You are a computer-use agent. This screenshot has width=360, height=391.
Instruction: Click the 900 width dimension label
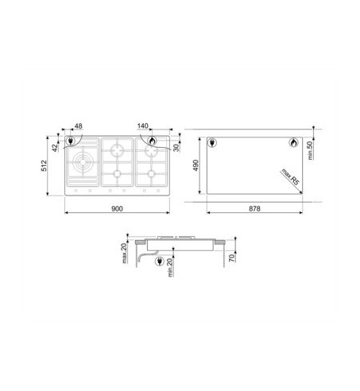pyautogui.click(x=117, y=209)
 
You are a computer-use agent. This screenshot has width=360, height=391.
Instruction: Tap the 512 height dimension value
pyautogui.click(x=44, y=165)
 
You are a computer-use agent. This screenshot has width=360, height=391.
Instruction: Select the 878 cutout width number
pyautogui.click(x=254, y=209)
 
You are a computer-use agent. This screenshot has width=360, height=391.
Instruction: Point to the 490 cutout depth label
pyautogui.click(x=195, y=165)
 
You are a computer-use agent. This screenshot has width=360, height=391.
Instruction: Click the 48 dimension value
pyautogui.click(x=79, y=126)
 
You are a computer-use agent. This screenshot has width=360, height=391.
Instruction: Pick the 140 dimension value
pyautogui.click(x=143, y=126)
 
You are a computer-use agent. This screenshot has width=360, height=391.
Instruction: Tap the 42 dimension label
pyautogui.click(x=55, y=148)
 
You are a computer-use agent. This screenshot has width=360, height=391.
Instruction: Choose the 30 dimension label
pyautogui.click(x=176, y=148)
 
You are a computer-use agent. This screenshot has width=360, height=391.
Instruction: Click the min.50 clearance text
pyautogui.click(x=310, y=150)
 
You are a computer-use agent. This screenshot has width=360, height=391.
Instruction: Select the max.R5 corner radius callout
pyautogui.click(x=290, y=177)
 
